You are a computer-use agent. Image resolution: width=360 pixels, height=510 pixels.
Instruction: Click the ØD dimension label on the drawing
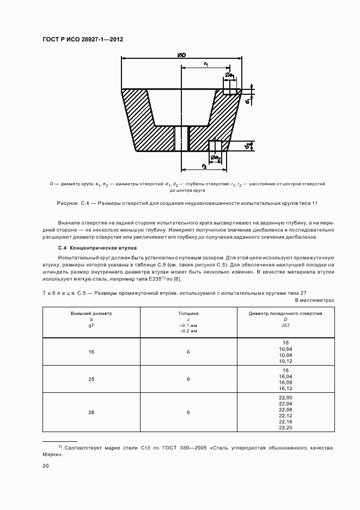tap(181, 55)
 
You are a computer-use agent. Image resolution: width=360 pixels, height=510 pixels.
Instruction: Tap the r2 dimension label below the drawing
tap(204, 166)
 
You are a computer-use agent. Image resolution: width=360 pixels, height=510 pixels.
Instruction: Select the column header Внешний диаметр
tap(91, 314)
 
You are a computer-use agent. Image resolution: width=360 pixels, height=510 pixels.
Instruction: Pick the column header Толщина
tap(188, 314)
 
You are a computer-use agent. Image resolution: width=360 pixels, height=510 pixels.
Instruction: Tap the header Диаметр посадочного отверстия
tap(285, 314)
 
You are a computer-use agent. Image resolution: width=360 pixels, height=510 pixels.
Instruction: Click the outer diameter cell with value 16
tap(91, 352)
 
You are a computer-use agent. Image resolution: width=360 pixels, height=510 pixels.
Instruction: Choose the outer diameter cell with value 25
tap(91, 379)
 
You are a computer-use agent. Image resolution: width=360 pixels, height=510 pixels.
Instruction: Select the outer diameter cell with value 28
tap(91, 412)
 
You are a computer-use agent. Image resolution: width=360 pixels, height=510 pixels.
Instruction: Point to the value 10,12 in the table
tap(285, 361)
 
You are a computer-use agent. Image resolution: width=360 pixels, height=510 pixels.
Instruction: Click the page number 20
tap(46, 466)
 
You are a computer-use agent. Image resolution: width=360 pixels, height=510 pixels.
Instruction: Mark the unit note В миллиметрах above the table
tap(314, 300)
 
